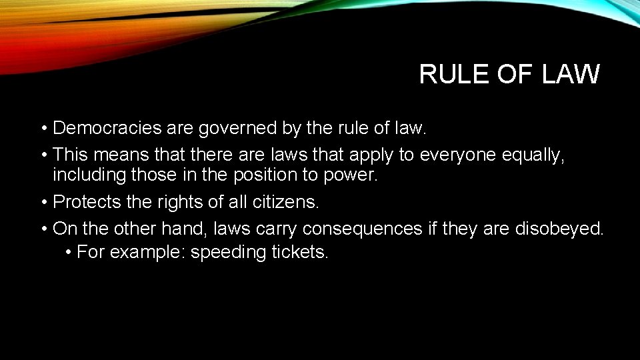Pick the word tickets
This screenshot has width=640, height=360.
point(300,253)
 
